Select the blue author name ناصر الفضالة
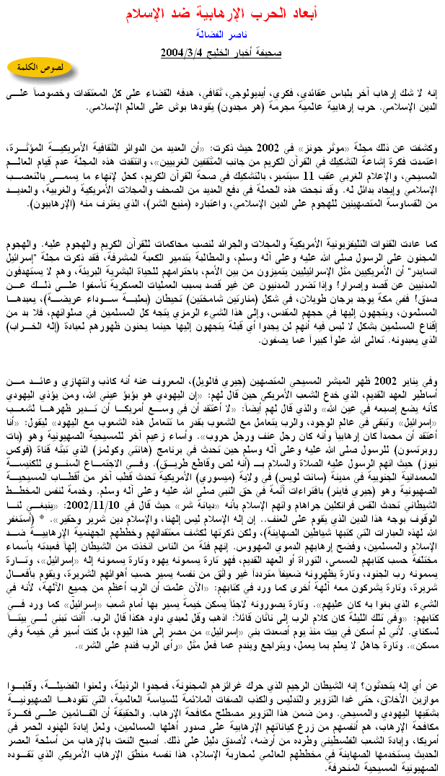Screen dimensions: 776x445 tap(222, 34)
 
